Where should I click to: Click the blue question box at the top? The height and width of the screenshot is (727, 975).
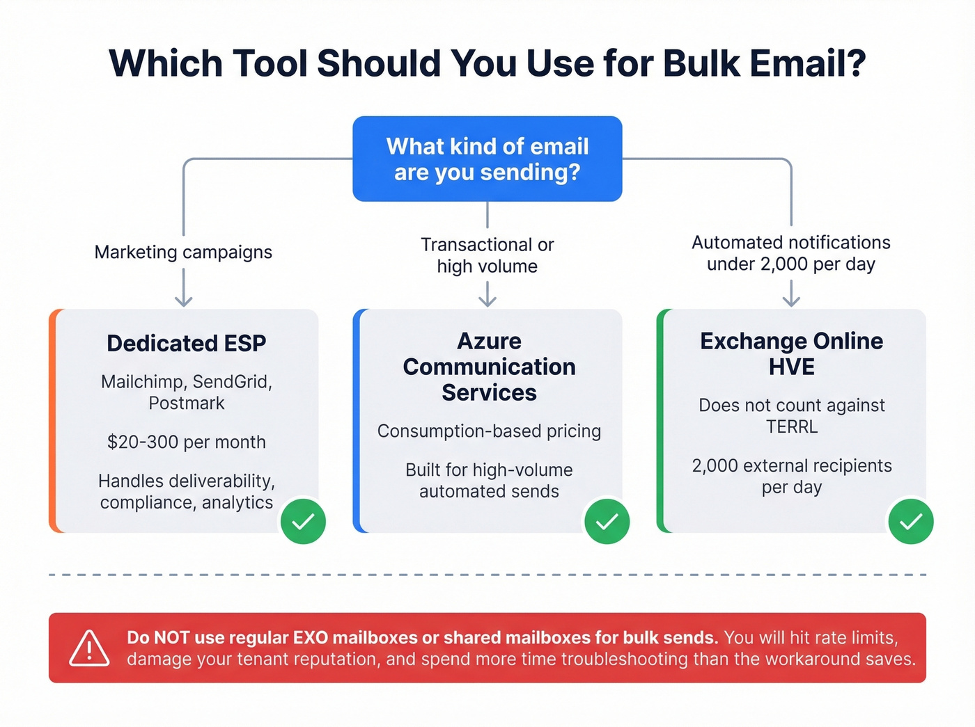click(x=487, y=159)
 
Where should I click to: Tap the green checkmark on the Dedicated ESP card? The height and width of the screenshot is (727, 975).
click(x=303, y=521)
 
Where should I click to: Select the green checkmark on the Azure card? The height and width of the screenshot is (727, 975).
click(x=607, y=521)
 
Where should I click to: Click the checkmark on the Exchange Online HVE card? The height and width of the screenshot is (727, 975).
click(x=910, y=521)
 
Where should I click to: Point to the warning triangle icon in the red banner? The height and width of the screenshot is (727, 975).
click(x=89, y=648)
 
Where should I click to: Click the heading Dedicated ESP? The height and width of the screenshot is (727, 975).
click(x=186, y=343)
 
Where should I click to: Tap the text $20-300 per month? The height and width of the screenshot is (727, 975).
click(x=186, y=442)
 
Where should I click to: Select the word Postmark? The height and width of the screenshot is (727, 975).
click(x=186, y=403)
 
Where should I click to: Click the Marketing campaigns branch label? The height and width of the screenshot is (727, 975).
click(x=183, y=252)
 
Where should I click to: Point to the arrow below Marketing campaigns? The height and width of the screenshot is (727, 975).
click(x=183, y=289)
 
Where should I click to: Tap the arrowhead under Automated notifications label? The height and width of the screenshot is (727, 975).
click(x=791, y=299)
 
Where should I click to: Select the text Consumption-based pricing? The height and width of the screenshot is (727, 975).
click(x=489, y=431)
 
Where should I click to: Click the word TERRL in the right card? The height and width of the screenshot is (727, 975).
click(x=792, y=426)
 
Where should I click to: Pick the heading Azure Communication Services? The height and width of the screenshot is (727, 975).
click(x=489, y=367)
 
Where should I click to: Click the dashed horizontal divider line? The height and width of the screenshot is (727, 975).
click(x=487, y=575)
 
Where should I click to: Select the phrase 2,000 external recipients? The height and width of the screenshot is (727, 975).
click(x=792, y=465)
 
